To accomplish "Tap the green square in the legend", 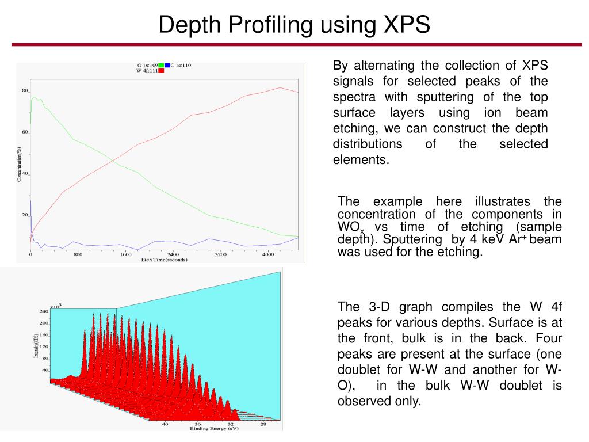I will (x=162, y=66).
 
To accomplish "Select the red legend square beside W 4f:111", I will (x=162, y=71).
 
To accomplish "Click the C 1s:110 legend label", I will (x=181, y=66).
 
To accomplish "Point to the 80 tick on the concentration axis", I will (x=25, y=91).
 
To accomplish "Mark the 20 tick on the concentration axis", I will (x=25, y=215).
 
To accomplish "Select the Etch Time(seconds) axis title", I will (x=163, y=260).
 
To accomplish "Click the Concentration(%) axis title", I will (x=20, y=164).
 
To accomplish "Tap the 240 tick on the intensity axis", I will (x=43, y=311).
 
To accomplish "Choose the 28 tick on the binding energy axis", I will (x=263, y=424).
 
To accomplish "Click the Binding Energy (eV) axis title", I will (x=214, y=429).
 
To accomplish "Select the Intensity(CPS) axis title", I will (x=36, y=345).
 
